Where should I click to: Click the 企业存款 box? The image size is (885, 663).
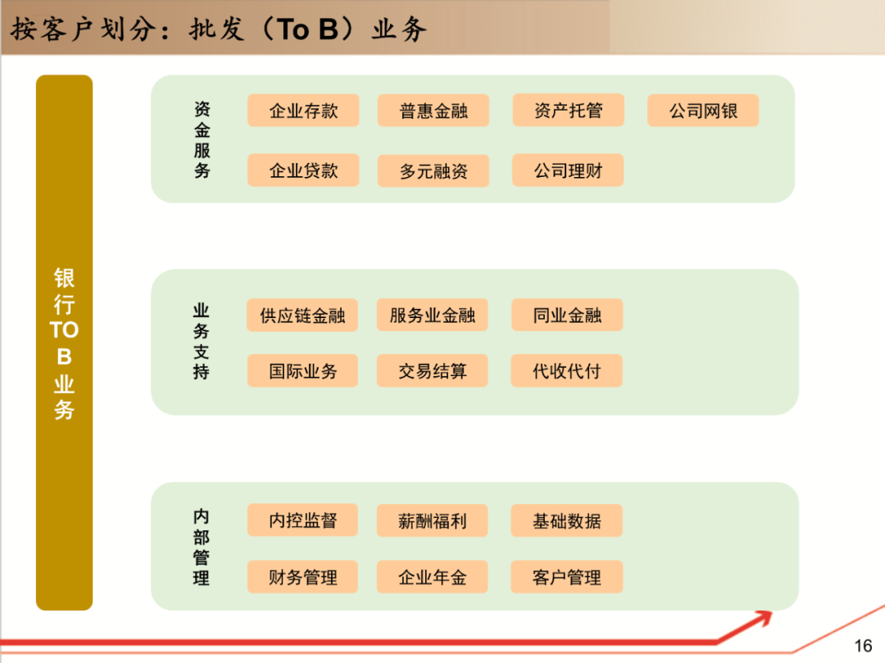[x=303, y=111]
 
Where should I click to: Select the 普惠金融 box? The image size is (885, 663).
[x=433, y=111]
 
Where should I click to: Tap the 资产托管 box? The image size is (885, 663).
[x=568, y=111]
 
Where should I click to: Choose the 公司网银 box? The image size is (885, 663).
[x=703, y=111]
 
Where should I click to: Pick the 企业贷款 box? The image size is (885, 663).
[x=303, y=170]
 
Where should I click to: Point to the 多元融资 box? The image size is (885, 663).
[x=433, y=171]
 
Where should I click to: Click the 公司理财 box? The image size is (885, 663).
[x=568, y=170]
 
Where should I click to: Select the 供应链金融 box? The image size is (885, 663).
[x=302, y=316]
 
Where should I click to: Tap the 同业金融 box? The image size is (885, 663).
[x=567, y=316]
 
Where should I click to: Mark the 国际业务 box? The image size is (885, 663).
[x=302, y=370]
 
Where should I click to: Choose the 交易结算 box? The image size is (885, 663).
[x=433, y=370]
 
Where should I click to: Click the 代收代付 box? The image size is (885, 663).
[x=567, y=370]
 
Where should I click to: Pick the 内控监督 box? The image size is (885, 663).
[x=302, y=520]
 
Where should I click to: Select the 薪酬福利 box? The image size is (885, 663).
[x=433, y=520]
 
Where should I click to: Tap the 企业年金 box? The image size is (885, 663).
[x=433, y=577]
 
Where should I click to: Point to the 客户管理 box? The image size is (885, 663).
[x=567, y=577]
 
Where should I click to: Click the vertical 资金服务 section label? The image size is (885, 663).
[x=202, y=140]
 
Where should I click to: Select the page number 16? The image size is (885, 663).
[x=863, y=646]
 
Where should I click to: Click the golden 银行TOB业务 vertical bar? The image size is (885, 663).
[x=64, y=343]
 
